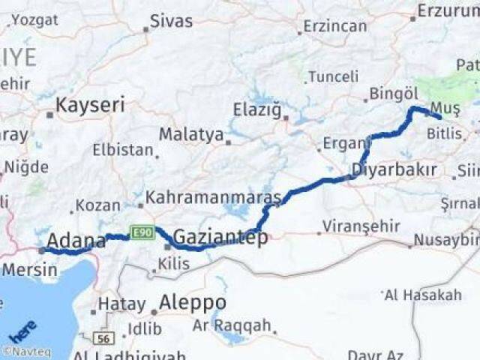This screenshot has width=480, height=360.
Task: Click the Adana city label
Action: pyautogui.click(x=76, y=240)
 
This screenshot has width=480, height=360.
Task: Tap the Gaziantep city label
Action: pyautogui.click(x=220, y=237)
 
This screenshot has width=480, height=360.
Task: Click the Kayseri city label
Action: pyautogui.click(x=90, y=104)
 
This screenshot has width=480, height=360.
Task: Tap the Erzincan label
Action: pyautogui.click(x=334, y=25)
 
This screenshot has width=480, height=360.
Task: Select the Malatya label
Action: pyautogui.click(x=191, y=135)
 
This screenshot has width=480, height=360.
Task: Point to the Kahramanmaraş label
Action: pyautogui.click(x=213, y=197)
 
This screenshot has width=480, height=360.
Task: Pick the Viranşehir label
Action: pyautogui.click(x=357, y=225)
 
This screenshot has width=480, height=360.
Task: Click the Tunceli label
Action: pyautogui.click(x=334, y=76)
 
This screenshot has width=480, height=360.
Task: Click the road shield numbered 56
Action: pyautogui.click(x=104, y=338)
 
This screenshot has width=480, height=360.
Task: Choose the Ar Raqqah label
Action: pyautogui.click(x=231, y=325)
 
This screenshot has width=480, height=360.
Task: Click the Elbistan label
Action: pyautogui.click(x=122, y=149)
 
